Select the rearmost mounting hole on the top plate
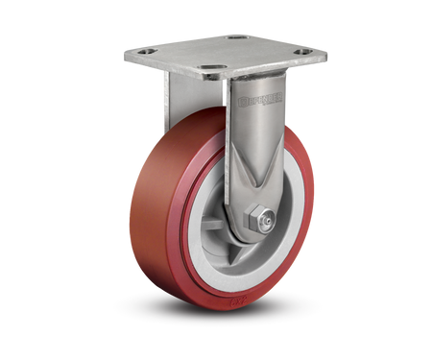pyautogui.click(x=235, y=37)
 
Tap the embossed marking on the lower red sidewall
pyautogui.click(x=236, y=305)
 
